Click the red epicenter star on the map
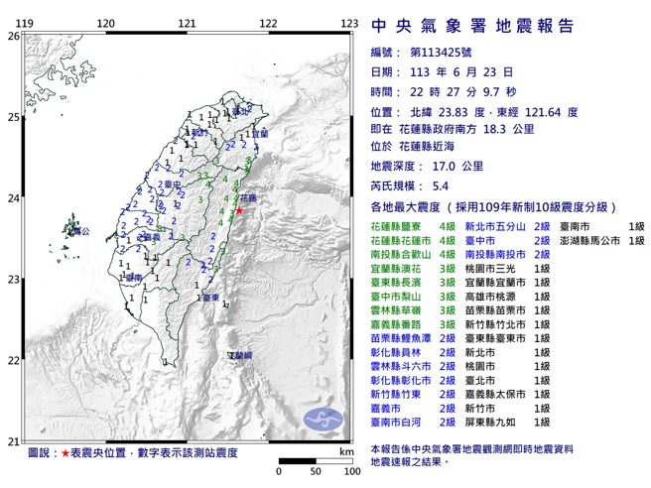(x=238, y=210)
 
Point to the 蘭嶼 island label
(x=239, y=354)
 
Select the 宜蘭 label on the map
(x=260, y=132)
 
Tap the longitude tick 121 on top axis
(x=186, y=23)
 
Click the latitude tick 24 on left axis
(x=13, y=198)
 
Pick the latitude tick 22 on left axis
(x=13, y=361)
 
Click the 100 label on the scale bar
(x=350, y=471)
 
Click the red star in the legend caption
(x=65, y=452)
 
